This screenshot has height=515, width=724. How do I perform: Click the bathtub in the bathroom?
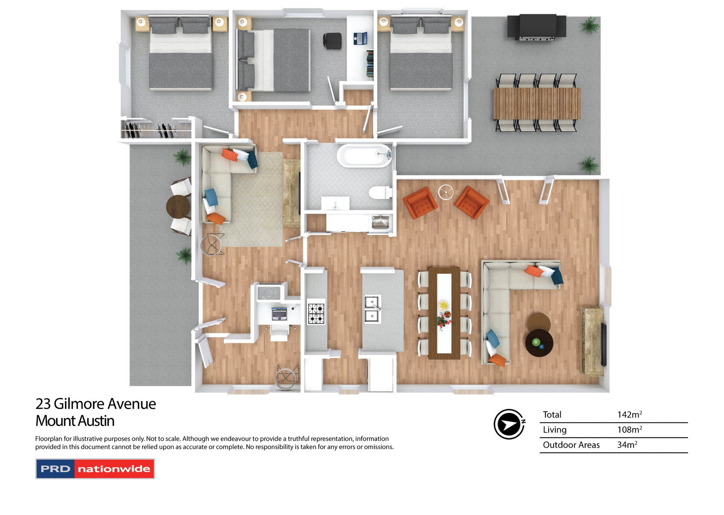point(364,155)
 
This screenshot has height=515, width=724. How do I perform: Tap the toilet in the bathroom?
point(379,193)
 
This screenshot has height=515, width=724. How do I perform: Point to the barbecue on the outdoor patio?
point(537,27)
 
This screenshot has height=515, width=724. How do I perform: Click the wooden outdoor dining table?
point(537,104)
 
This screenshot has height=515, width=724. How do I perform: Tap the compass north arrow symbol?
point(509,424)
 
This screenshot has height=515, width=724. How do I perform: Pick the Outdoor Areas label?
point(571,445)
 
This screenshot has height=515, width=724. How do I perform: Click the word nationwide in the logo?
point(114,469)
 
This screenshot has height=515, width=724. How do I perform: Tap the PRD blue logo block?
point(55,469)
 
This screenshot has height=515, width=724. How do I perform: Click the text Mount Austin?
point(75,421)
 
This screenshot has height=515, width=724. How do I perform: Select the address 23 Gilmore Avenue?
point(95,404)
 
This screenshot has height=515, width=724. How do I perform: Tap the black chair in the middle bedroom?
point(333,41)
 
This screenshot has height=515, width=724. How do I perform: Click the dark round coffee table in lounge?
point(539,343)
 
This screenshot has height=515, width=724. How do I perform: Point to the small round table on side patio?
point(178,206)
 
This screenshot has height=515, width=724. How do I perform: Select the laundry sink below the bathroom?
point(380,222)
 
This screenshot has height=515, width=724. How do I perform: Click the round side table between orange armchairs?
point(446,193)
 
